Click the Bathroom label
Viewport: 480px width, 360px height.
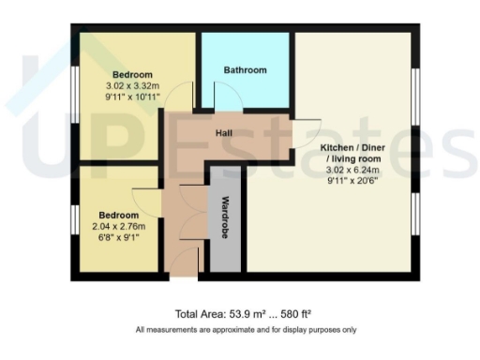tap(245, 70)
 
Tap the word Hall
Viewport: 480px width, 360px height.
tap(224, 134)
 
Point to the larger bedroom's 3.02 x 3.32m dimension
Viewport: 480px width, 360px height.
tap(132, 84)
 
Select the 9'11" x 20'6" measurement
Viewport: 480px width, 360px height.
tap(352, 180)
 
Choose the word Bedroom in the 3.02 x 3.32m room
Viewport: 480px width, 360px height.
tap(132, 73)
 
